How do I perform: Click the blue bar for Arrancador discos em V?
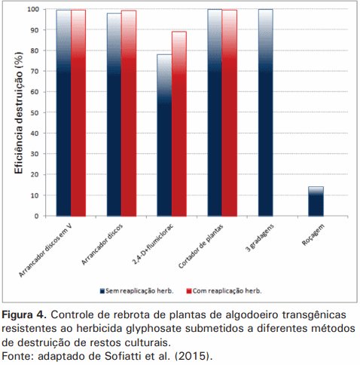pos(63,113)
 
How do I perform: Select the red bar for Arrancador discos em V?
pos(78,113)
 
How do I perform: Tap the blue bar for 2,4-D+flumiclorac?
pos(164,136)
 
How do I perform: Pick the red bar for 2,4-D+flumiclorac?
pos(179,124)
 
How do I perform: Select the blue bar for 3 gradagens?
pos(266,113)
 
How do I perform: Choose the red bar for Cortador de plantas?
pos(230,113)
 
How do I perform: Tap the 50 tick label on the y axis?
pos(35,113)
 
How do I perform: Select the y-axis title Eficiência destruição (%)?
pos(17,113)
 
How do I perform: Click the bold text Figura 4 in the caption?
pos(23,313)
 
